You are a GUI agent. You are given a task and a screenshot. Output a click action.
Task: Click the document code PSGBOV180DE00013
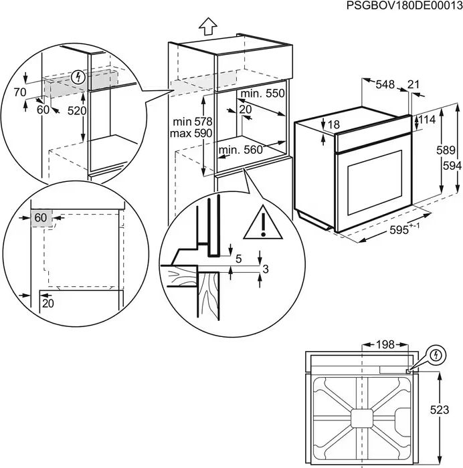(x=403, y=5)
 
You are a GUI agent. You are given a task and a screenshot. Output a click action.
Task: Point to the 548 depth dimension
(x=385, y=84)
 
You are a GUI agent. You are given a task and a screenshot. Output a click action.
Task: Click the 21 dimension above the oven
(x=413, y=84)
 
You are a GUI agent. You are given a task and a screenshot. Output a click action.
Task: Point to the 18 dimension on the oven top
(x=334, y=124)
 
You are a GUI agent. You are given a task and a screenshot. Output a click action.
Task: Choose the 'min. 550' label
(x=263, y=94)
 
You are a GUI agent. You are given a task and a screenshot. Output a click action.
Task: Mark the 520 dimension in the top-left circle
(x=76, y=111)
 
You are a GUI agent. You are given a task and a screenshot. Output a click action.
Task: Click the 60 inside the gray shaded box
(x=41, y=217)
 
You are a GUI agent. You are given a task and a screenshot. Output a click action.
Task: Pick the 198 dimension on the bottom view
(x=385, y=344)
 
